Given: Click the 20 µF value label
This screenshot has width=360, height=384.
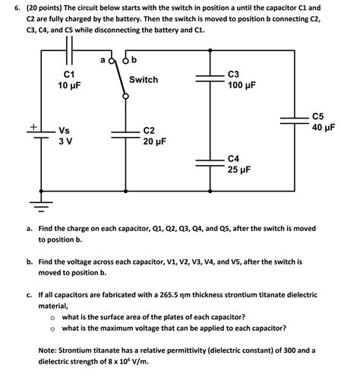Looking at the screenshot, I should tap(156, 142).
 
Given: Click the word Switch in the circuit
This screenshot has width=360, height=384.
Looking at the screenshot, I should tap(144, 80).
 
